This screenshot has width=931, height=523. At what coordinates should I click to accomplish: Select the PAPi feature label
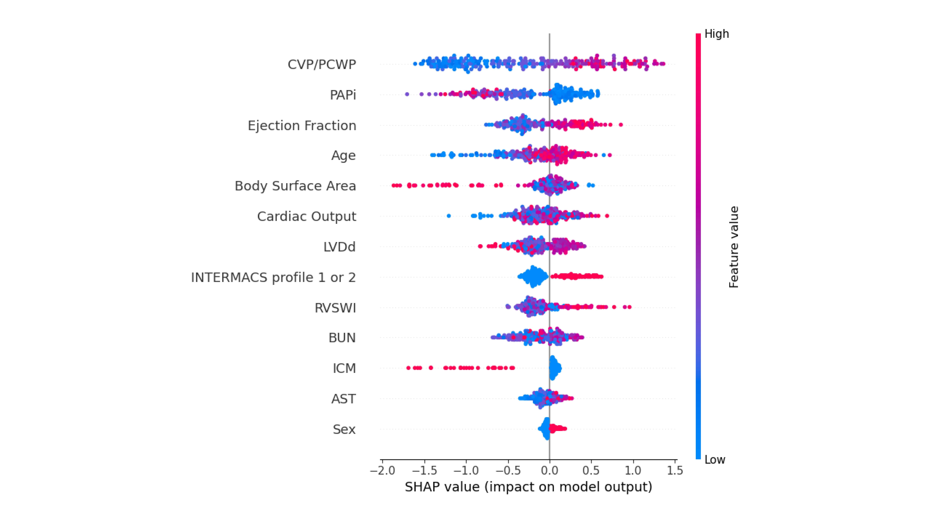(x=343, y=95)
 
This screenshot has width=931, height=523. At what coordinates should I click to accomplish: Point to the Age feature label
(x=343, y=156)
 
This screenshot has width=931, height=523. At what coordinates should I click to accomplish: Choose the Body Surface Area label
(x=295, y=186)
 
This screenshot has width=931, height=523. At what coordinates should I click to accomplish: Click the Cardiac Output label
(x=307, y=216)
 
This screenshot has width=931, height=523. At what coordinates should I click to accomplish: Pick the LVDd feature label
(x=339, y=247)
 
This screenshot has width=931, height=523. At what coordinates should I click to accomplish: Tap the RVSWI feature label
(x=335, y=308)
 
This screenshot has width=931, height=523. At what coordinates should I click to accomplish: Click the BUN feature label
(x=342, y=338)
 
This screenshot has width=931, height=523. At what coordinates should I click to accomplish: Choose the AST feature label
(x=343, y=399)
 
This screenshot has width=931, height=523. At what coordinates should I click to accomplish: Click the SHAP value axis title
(x=528, y=487)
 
